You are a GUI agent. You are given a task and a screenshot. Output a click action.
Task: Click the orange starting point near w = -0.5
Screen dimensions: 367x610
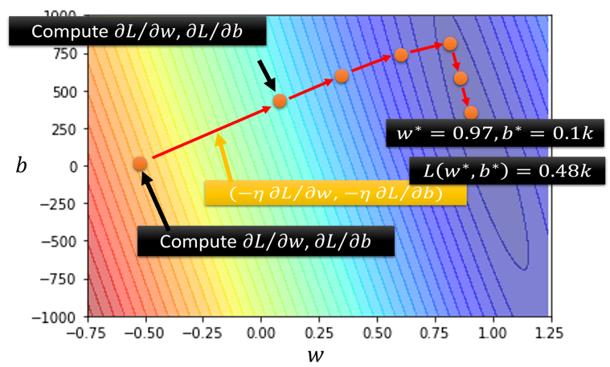(140, 163)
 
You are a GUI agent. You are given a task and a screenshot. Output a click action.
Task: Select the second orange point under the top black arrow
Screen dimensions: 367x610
(280, 100)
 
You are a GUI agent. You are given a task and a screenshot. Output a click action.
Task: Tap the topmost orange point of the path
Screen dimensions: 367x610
(450, 43)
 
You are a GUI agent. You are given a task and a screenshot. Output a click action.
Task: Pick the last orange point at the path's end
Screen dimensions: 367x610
(471, 112)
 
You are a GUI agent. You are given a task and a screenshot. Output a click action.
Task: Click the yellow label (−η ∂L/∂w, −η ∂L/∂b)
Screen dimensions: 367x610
(335, 194)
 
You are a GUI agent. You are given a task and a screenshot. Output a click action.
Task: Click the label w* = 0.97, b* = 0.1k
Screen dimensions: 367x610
(489, 133)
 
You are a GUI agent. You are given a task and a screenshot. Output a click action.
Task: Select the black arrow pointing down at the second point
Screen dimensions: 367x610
(267, 79)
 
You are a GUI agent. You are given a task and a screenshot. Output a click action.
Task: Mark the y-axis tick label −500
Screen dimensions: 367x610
(59, 241)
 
